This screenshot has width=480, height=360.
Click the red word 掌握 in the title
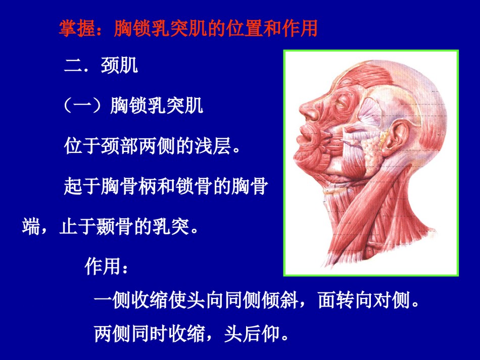click(77, 28)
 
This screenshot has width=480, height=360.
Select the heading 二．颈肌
click(101, 65)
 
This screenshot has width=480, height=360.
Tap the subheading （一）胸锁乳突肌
click(133, 106)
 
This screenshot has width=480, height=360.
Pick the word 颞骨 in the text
click(115, 226)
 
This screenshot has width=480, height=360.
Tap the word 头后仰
click(252, 333)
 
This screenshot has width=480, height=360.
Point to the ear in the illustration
click(397, 136)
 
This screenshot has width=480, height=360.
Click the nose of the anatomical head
click(309, 110)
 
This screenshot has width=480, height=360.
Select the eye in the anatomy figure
click(341, 104)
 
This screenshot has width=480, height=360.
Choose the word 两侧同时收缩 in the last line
click(150, 333)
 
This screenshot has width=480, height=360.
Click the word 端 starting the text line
click(31, 226)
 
